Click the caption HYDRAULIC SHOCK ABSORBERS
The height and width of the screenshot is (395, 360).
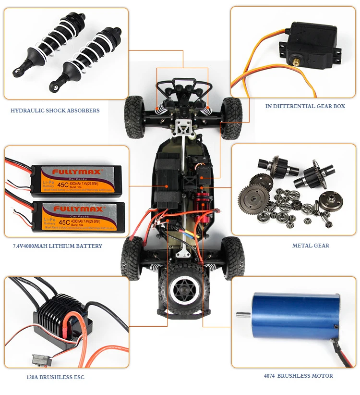pyautogui.click(x=55, y=111)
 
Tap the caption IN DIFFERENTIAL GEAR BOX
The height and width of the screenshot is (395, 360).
pyautogui.click(x=305, y=106)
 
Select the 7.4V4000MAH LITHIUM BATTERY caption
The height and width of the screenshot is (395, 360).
pyautogui.click(x=58, y=246)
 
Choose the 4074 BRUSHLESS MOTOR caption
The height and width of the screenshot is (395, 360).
pyautogui.click(x=298, y=376)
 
